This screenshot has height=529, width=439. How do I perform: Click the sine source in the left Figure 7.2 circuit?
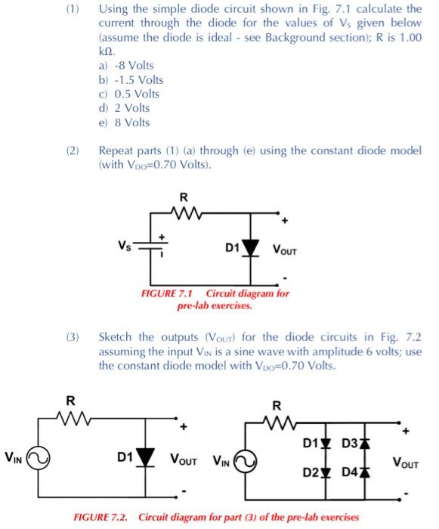[x=37, y=457]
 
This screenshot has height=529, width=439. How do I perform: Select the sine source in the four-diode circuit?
[x=245, y=459]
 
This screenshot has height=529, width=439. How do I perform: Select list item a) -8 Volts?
[x=126, y=66]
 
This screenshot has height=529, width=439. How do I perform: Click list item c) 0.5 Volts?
[x=128, y=94]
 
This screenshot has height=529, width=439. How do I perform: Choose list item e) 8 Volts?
[x=124, y=122]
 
